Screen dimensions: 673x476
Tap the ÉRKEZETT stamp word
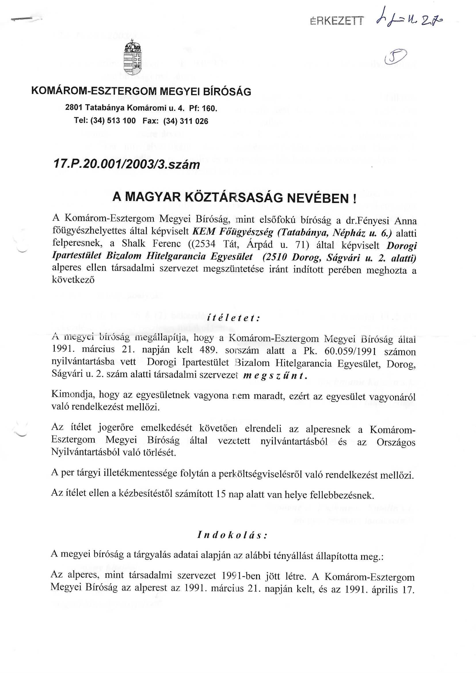(x=336, y=21)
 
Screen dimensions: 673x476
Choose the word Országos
(x=396, y=442)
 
